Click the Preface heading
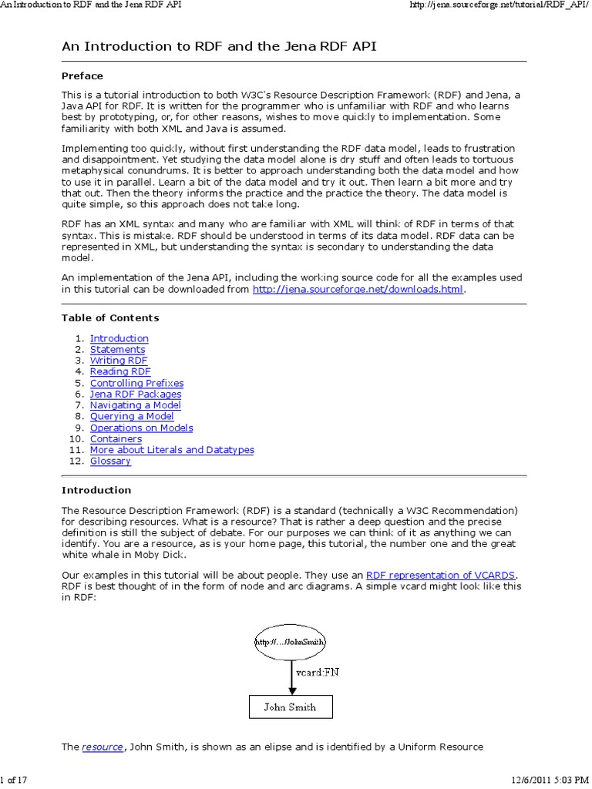click(x=82, y=76)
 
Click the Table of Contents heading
click(x=110, y=317)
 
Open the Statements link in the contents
click(x=117, y=350)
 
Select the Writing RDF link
click(x=118, y=361)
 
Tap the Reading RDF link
click(x=120, y=372)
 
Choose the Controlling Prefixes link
click(x=136, y=383)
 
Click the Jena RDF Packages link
click(x=136, y=394)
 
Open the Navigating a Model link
click(x=136, y=405)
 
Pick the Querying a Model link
click(x=132, y=417)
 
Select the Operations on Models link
click(x=141, y=428)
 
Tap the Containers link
click(x=116, y=439)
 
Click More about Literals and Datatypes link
click(x=172, y=450)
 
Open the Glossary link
click(x=110, y=462)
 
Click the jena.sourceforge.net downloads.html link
click(x=358, y=290)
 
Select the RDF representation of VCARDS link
click(x=441, y=575)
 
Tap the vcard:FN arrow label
click(x=318, y=672)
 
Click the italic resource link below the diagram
click(x=103, y=747)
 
